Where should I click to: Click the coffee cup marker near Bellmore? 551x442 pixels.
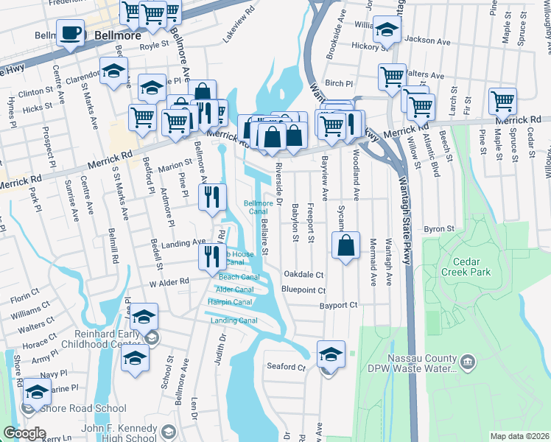[71, 34]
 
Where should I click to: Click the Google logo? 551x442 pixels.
[24, 433]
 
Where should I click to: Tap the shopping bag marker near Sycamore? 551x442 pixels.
[345, 245]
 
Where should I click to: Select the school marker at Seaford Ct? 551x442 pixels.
[331, 354]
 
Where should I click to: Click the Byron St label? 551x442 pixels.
[440, 229]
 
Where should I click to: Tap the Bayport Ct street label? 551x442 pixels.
[338, 305]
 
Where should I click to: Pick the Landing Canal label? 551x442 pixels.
[234, 320]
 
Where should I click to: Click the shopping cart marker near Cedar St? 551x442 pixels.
[502, 101]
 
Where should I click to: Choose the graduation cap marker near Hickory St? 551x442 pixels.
[386, 30]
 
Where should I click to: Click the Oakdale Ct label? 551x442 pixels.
[303, 274]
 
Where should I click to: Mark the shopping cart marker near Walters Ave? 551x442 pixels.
[392, 76]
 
